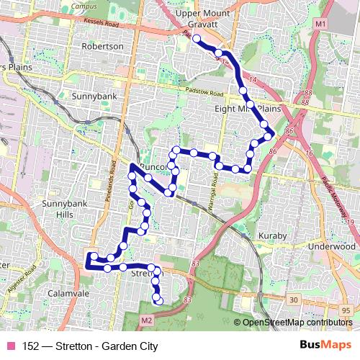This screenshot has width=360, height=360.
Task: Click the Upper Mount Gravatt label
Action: coord(202,19)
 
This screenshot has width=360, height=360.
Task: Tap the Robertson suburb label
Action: coord(103,46)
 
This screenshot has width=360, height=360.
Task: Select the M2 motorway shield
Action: coord(147,318)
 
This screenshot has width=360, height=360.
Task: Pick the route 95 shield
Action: coord(346,310)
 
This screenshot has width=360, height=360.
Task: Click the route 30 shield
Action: coord(293,299)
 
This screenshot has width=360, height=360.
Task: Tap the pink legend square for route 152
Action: coord(10,346)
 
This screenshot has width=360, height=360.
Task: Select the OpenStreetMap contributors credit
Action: coord(296,323)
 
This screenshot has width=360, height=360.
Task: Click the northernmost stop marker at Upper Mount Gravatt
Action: coord(196,38)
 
